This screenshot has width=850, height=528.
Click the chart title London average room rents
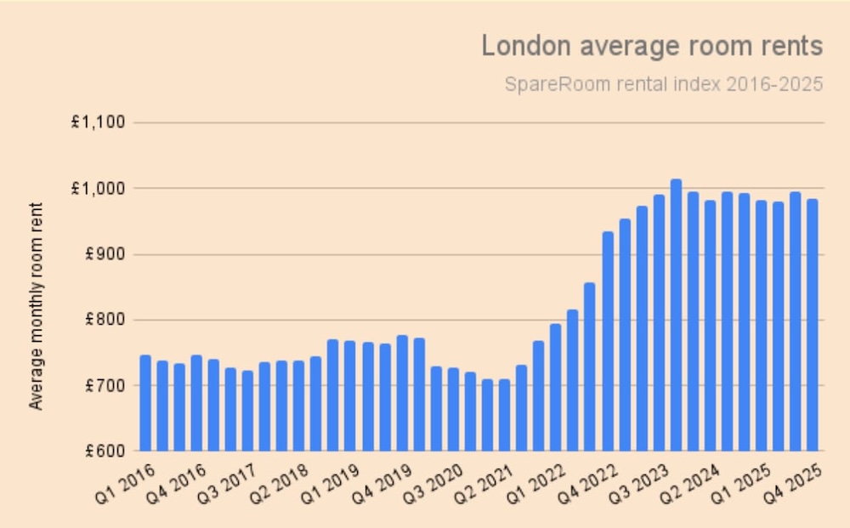pos(652,45)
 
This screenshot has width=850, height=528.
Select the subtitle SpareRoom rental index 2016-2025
pos(663,85)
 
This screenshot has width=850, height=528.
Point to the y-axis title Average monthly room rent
pos(36,306)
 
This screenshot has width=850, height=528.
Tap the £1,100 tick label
pos(98,122)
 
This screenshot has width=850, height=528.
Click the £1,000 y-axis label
pos(98,189)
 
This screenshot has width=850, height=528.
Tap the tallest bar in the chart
pos(676,315)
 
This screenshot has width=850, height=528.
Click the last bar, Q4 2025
pos(812,325)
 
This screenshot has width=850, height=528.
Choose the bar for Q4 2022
pos(608,341)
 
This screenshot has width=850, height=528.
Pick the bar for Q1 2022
pos(539,395)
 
